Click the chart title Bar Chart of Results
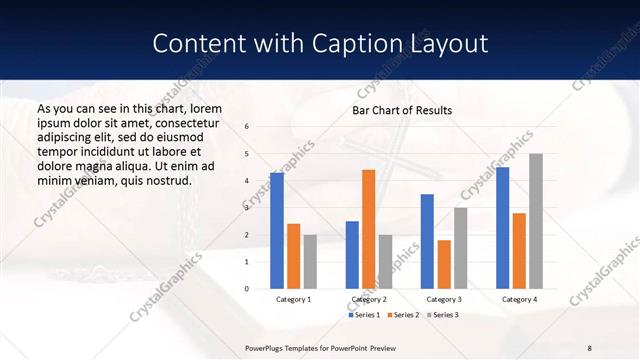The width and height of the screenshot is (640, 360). pos(402,110)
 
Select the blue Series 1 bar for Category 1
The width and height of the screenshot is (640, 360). pos(277,231)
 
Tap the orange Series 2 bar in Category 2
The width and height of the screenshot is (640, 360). pos(368,229)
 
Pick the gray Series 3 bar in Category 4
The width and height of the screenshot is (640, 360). pos(536,221)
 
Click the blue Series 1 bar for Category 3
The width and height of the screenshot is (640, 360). pos(427,241)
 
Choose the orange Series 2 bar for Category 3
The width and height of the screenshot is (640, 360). pos(443,264)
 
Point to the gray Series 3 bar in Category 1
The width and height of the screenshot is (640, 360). pos(310,262)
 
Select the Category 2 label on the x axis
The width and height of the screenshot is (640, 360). pos(369,299)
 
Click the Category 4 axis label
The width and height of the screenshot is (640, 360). pos(518,299)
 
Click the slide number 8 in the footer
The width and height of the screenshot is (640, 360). pos(590,347)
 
